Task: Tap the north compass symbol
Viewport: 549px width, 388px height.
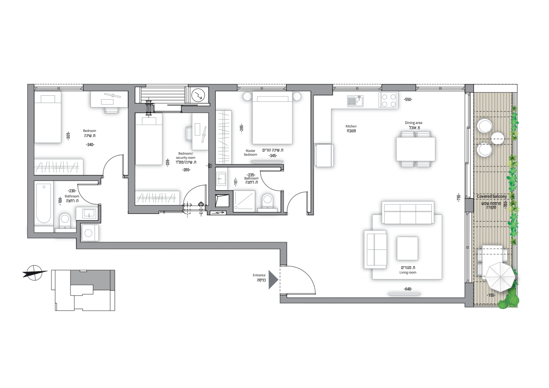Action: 35,273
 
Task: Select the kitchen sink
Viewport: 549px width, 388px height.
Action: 355,101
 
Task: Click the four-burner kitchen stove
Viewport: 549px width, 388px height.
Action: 388,100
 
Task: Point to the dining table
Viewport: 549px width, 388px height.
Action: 416,149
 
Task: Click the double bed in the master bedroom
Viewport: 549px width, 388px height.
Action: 272,118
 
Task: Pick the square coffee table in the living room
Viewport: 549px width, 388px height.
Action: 407,249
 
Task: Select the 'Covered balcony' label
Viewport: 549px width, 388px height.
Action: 492,196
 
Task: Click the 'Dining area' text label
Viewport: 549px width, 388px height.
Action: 413,123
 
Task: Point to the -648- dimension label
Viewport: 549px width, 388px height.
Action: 408,289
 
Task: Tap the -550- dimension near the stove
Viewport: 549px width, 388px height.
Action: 408,100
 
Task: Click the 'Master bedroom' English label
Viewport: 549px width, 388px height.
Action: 250,153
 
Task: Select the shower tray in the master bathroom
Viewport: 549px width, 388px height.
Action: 244,201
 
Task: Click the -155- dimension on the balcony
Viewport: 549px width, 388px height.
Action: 491,296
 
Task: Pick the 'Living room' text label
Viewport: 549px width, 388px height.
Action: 408,272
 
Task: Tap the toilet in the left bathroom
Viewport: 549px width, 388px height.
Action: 65,221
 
